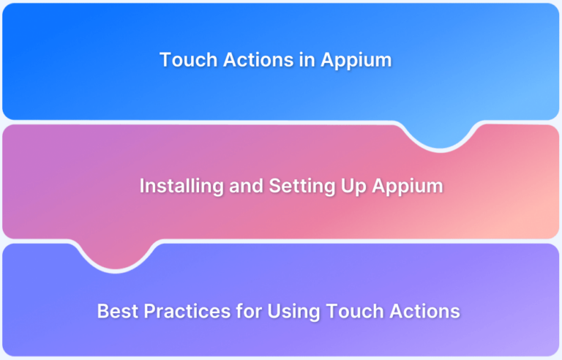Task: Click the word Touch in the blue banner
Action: pos(181,60)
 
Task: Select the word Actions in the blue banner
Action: pos(243,60)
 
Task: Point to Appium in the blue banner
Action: pos(356,61)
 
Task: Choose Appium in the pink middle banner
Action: pos(407,187)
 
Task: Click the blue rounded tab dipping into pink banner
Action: pos(441,135)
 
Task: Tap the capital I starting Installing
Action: pos(142,186)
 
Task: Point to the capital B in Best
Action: pos(102,311)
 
